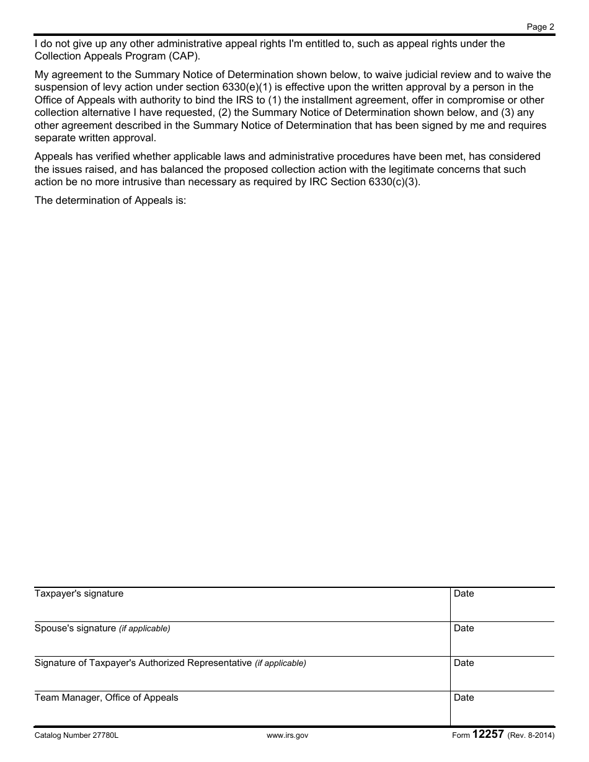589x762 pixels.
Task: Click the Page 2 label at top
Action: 540,27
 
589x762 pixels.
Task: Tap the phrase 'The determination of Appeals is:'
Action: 110,201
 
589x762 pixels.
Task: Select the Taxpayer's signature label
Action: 79,593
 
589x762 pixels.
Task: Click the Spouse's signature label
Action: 75,628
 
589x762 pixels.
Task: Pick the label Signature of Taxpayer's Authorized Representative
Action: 143,663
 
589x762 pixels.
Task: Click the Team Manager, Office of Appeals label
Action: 106,698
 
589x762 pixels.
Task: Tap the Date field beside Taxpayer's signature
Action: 502,605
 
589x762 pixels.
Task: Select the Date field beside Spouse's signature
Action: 502,639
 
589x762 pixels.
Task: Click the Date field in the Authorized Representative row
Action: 502,674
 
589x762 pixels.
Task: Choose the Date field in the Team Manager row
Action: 502,709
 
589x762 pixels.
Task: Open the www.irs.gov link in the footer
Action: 287,735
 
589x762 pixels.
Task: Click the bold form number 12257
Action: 488,735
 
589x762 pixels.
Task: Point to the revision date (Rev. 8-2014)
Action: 531,735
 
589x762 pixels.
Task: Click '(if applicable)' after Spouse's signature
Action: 144,629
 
